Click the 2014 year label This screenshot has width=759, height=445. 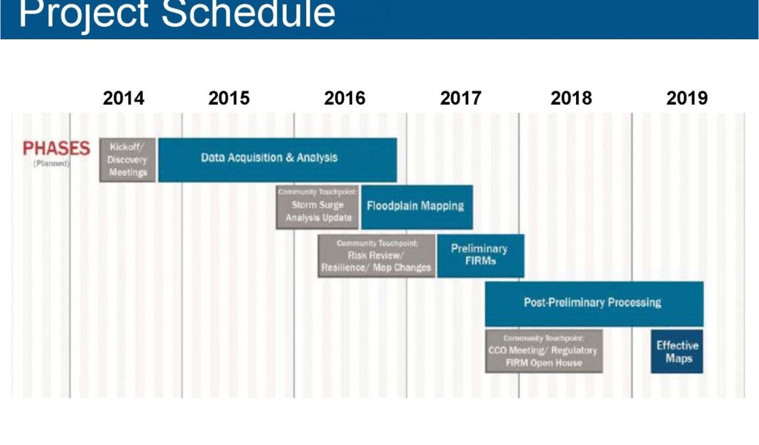coord(124,98)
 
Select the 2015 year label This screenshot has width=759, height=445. coord(229,98)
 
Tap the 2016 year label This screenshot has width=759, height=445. coord(345,98)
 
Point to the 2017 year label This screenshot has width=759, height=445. coord(460,98)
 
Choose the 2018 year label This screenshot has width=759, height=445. coord(571,98)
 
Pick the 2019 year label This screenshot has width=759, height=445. coord(687,98)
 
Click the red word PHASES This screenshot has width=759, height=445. coord(56,148)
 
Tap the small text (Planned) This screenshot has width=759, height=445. coord(52,163)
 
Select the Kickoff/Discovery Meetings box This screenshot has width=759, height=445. coord(127,159)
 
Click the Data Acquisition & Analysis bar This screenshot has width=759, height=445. coord(277,159)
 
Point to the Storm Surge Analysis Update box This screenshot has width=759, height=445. coord(317,207)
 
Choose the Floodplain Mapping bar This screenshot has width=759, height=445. coord(417,207)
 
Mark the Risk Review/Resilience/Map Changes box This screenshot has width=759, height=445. coord(377,256)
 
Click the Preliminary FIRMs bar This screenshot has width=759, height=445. coord(480,256)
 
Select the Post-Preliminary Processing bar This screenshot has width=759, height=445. coord(594,303)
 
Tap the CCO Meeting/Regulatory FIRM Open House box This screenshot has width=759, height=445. coord(543,351)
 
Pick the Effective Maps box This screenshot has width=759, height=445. coord(677,351)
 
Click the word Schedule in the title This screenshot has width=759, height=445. coord(248,13)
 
